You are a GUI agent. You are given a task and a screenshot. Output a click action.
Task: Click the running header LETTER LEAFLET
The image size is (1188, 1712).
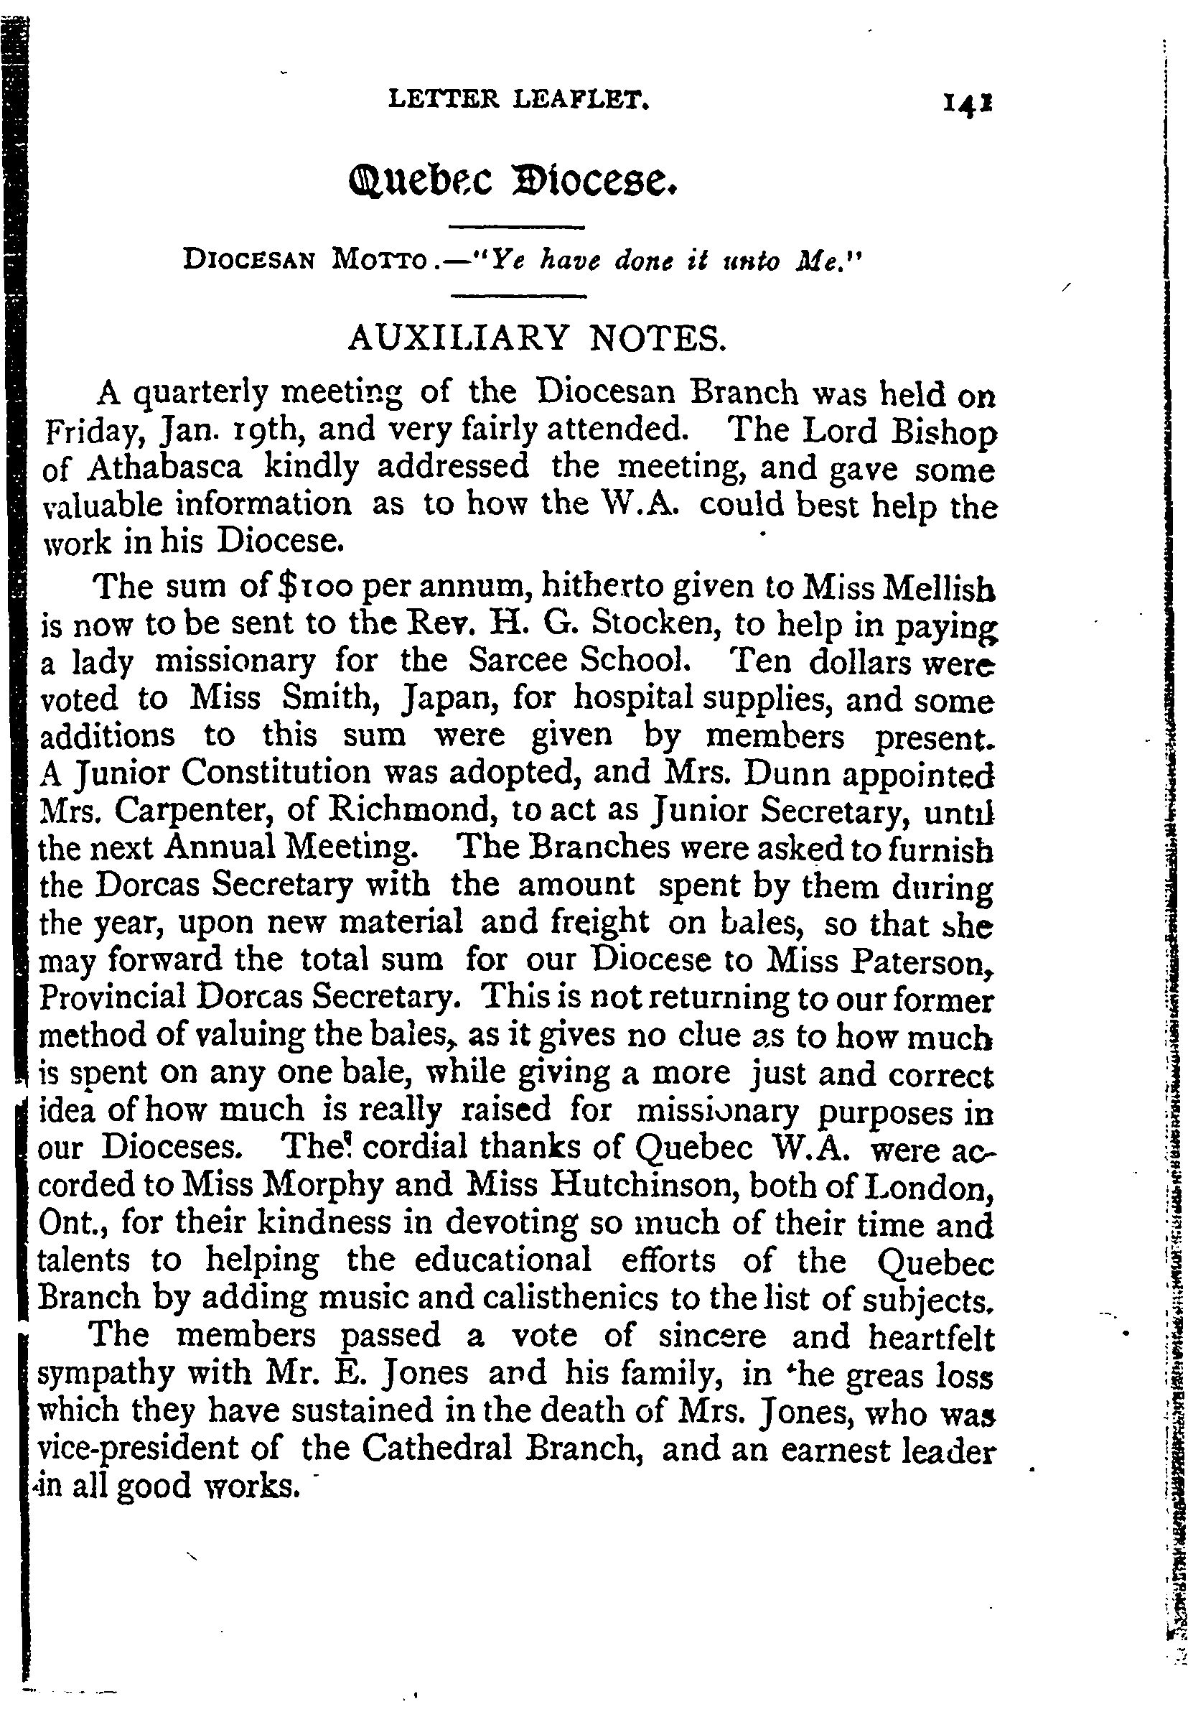520,100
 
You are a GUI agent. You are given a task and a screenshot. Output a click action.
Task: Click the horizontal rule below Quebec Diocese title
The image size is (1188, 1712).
518,226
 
